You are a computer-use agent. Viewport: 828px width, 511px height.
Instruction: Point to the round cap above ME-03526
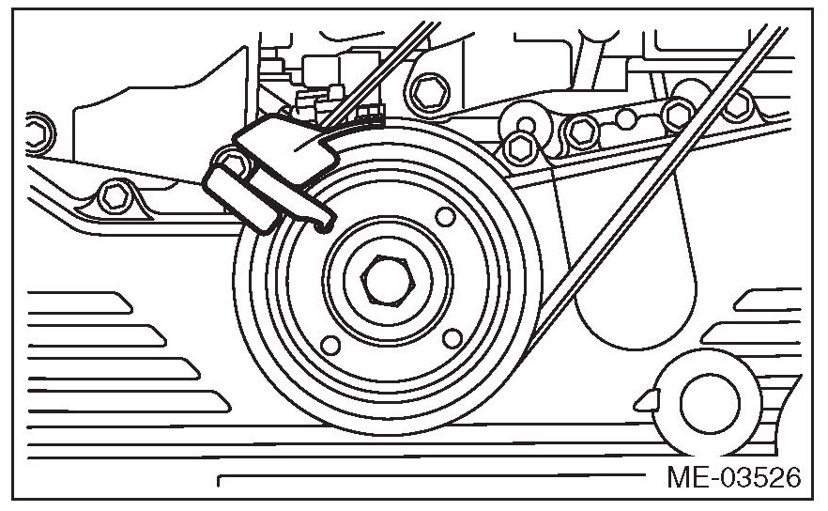pos(709,401)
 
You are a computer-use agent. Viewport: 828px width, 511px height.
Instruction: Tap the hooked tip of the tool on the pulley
pos(324,224)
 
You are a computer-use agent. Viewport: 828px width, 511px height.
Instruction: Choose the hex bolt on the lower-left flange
pos(116,194)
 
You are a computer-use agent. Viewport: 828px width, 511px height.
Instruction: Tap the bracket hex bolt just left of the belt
pos(677,114)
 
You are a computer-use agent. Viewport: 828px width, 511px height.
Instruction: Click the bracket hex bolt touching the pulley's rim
pos(516,147)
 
